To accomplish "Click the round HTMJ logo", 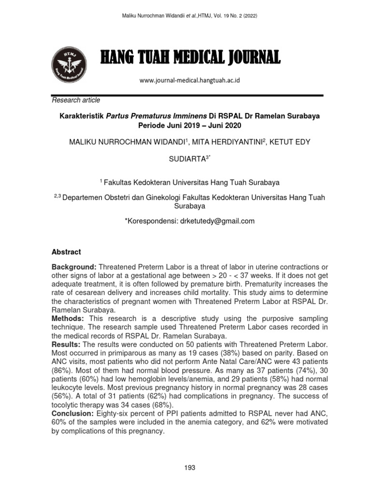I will (x=70, y=65).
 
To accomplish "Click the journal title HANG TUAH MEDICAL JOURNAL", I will (x=190, y=58).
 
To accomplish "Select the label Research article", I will (x=76, y=100).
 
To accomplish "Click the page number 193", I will (x=189, y=467).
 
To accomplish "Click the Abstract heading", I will (x=66, y=252).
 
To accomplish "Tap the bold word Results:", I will (x=66, y=345).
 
